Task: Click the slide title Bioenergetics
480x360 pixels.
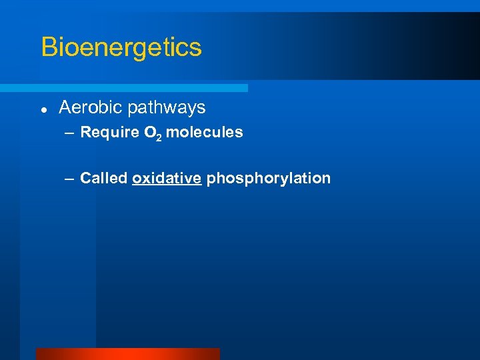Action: [x=121, y=47]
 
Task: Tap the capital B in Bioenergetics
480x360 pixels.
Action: [x=48, y=47]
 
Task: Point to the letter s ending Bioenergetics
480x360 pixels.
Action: [x=195, y=49]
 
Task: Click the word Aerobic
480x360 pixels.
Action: [x=91, y=107]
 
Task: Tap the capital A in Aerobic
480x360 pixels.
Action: [x=65, y=107]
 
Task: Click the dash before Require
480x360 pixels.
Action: [x=70, y=133]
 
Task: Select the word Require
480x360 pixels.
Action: [x=109, y=133]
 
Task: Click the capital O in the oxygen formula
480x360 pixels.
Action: [x=149, y=133]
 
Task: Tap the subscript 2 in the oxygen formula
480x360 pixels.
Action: [x=158, y=137]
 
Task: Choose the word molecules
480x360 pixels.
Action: [x=205, y=133]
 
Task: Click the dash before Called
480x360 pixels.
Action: [x=70, y=179]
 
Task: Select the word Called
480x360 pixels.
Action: [x=103, y=179]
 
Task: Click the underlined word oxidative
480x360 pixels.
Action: [x=167, y=179]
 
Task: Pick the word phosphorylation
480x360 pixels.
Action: [x=269, y=179]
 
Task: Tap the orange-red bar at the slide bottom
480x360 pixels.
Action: [x=127, y=354]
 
